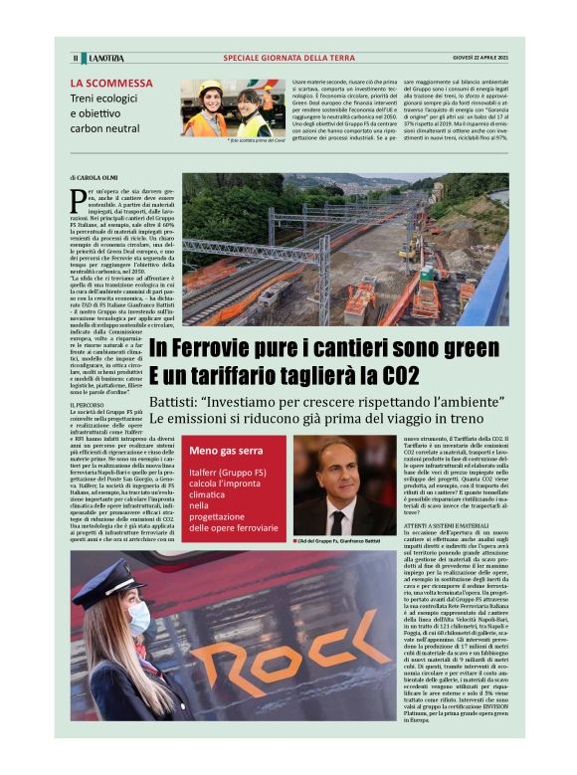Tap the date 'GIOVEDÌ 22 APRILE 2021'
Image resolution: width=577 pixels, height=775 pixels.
click(x=481, y=58)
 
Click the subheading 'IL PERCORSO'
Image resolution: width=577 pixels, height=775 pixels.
click(x=87, y=406)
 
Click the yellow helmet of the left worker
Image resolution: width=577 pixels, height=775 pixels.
click(x=210, y=88)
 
